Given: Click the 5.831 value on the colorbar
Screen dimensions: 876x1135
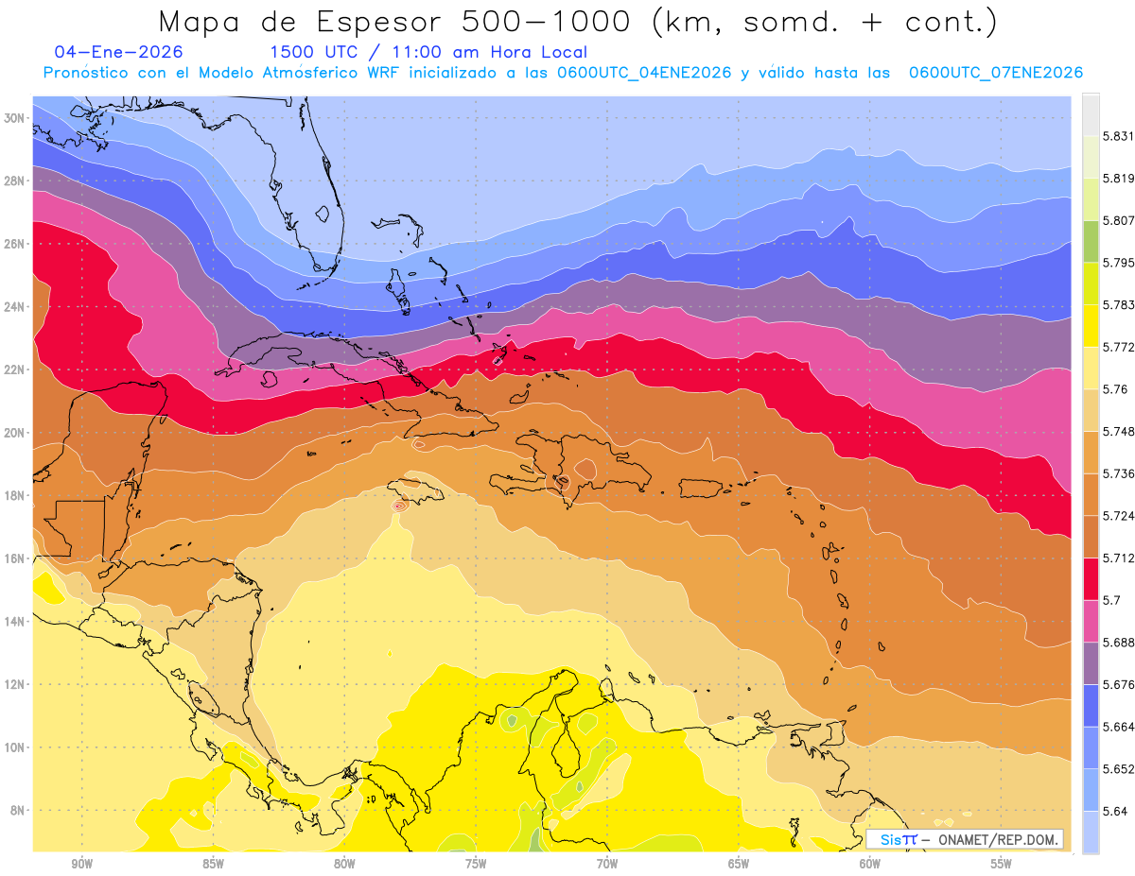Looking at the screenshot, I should [1118, 136].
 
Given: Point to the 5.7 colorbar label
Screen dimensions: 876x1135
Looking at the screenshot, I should [1112, 600].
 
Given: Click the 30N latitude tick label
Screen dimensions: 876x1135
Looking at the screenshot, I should [16, 118].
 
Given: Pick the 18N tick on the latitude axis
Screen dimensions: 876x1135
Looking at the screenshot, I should [16, 495].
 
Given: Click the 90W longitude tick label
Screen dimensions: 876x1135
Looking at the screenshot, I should [81, 864].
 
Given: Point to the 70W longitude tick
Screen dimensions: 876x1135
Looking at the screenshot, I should [606, 864].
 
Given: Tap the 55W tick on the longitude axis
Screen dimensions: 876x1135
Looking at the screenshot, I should [1001, 864].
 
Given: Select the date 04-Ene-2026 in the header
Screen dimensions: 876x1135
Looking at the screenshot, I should [119, 52].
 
